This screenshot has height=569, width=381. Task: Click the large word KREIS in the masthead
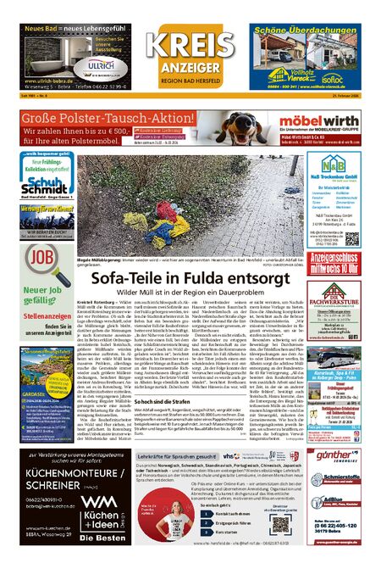[x=190, y=43]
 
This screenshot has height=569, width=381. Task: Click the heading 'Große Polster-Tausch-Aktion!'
[x=95, y=117]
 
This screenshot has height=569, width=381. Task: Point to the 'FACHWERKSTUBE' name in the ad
[x=350, y=298]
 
